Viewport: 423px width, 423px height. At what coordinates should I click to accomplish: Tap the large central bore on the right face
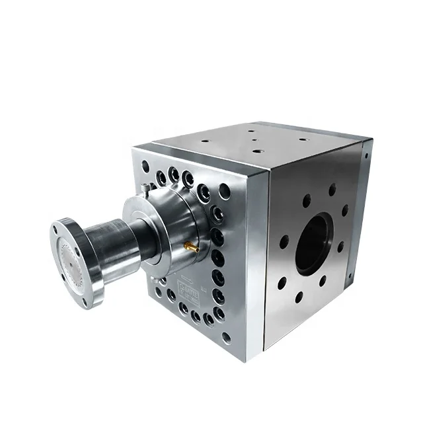pyautogui.click(x=313, y=244)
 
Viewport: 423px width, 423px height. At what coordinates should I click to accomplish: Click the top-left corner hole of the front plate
pyautogui.click(x=145, y=165)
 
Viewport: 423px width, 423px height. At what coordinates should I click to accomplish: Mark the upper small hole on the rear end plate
pyautogui.click(x=365, y=156)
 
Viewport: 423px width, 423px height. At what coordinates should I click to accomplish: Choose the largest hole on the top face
pyautogui.click(x=256, y=151)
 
